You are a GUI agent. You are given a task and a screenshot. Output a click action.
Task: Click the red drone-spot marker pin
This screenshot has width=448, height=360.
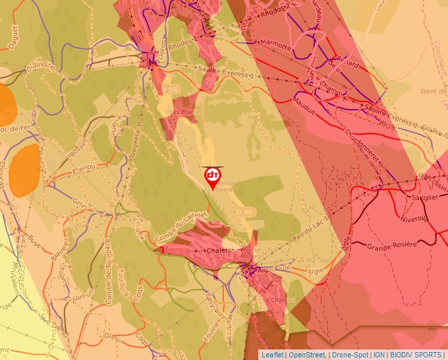(212, 176)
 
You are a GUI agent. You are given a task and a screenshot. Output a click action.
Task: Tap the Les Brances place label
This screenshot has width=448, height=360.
(185, 113)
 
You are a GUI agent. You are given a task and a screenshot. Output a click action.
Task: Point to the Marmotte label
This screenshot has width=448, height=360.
(275, 45)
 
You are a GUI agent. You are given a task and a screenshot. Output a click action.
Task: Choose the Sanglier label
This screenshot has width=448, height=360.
(425, 197)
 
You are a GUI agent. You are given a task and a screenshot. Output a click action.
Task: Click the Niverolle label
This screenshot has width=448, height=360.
(413, 219)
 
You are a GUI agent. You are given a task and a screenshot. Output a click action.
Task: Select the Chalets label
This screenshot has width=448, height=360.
(220, 251)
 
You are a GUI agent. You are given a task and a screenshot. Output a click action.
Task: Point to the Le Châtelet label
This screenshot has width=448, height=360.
(277, 300)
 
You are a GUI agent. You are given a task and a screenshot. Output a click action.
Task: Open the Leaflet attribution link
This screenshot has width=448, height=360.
(273, 355)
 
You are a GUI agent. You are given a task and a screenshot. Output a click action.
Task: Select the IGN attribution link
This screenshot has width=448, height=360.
(379, 355)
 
